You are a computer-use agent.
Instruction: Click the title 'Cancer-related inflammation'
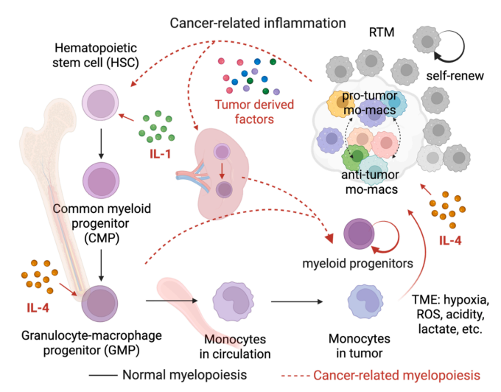coord(258,23)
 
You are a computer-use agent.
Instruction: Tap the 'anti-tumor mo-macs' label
coord(365,182)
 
